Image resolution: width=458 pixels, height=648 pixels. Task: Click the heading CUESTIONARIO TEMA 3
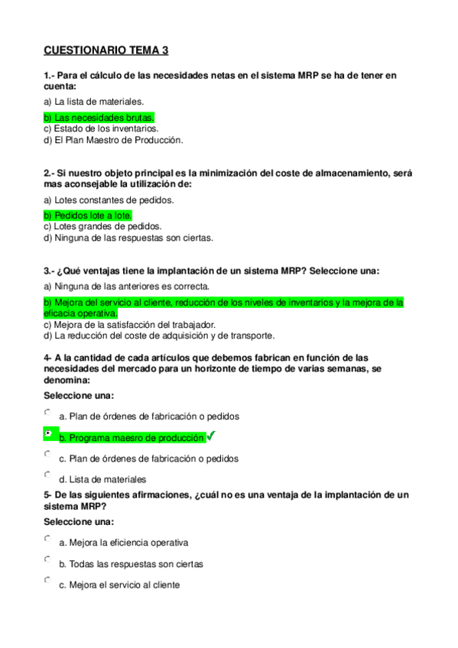(106, 51)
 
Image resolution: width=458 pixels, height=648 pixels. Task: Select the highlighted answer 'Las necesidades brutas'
(99, 118)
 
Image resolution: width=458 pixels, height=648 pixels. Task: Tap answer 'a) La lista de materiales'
(93, 101)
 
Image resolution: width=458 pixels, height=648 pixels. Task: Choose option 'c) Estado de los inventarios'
(101, 129)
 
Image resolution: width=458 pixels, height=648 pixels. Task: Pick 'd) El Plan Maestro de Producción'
(113, 140)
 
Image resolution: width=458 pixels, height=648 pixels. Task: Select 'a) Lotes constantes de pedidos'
(109, 199)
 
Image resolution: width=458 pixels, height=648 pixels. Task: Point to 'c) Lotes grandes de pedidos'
(102, 226)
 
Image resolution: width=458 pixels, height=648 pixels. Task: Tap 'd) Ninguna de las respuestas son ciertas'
(128, 237)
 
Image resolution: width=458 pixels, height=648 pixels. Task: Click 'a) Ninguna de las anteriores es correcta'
(126, 287)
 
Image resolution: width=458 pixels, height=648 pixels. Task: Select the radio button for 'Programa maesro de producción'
(48, 433)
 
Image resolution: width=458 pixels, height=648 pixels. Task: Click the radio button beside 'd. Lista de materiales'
(48, 475)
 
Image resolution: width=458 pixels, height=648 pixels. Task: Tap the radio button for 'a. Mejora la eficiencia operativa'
(48, 538)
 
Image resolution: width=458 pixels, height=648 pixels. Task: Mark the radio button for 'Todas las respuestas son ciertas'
(48, 559)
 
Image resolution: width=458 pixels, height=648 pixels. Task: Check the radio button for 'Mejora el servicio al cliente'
(48, 580)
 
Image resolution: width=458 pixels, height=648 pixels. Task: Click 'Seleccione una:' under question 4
(79, 396)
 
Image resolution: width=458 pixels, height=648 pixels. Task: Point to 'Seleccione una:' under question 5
(79, 522)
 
